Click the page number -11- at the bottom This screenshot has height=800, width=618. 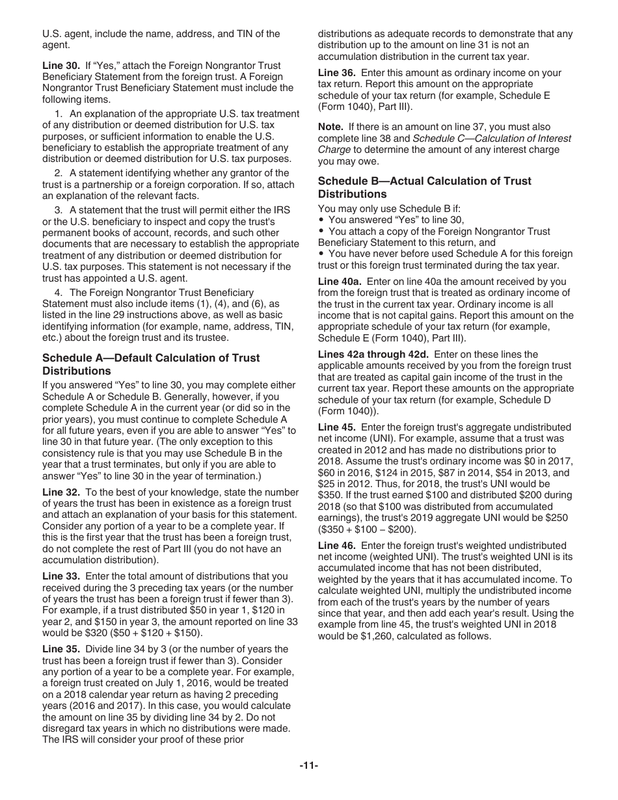click(x=309, y=766)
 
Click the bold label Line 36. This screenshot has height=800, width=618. click(x=337, y=73)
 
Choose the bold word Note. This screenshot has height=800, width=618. click(x=330, y=127)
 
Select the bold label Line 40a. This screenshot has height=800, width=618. click(x=340, y=282)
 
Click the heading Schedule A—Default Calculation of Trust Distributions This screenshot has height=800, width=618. click(x=150, y=364)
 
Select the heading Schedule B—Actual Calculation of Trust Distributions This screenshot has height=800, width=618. click(x=424, y=187)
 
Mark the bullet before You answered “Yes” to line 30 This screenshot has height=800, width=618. click(x=321, y=220)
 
